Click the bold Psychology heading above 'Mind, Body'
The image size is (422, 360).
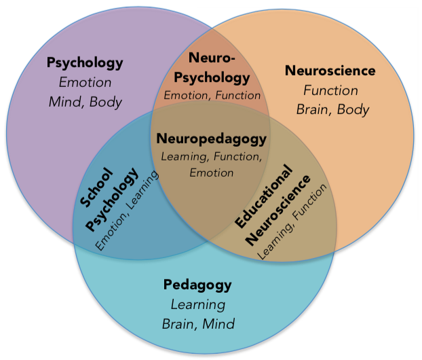coord(85,63)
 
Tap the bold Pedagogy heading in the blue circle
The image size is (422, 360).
coord(197,285)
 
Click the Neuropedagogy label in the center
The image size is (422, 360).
coord(211,139)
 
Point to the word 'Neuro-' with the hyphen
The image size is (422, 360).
coord(212,58)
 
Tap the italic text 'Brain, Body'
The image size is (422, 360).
coord(332,109)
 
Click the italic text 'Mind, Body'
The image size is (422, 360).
coord(85,102)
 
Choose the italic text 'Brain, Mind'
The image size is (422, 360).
coord(198,323)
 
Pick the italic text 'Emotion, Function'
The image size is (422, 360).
coord(212,96)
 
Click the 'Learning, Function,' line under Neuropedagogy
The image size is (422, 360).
coord(211,157)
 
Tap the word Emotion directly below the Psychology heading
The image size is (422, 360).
coord(85,83)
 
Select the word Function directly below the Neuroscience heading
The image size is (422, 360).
coord(331,90)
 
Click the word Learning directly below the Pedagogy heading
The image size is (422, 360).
coord(198,304)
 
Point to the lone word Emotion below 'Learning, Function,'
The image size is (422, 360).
coord(211,173)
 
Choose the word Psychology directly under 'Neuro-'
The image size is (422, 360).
coord(212,77)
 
